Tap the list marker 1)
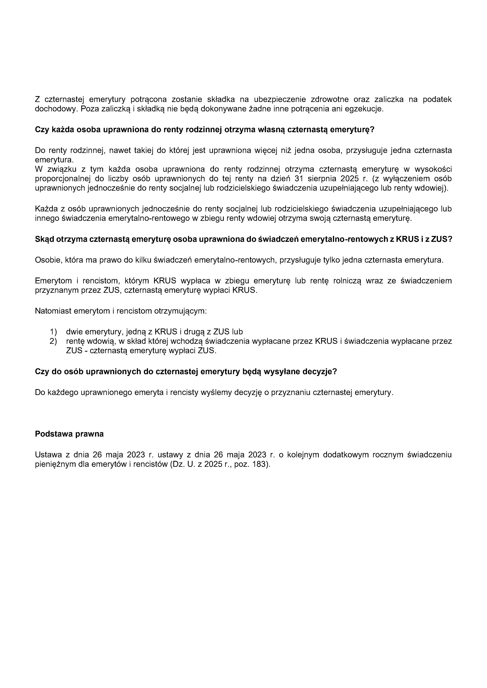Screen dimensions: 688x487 point(53,332)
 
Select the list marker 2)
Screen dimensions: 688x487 point(53,341)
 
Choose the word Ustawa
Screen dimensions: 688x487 point(48,455)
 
